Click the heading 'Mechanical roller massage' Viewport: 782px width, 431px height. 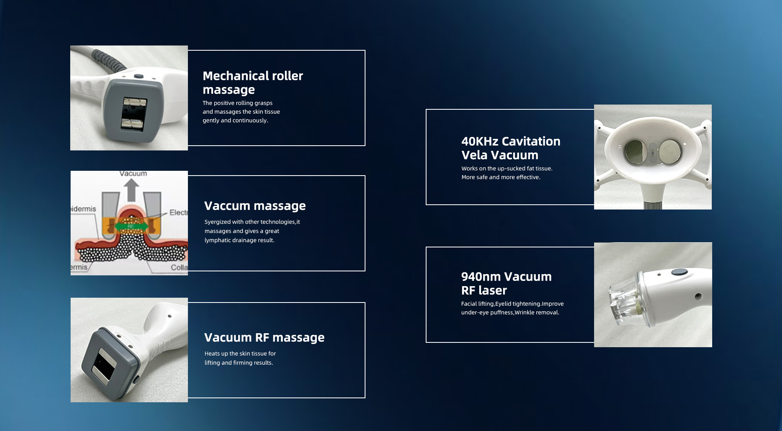click(253, 83)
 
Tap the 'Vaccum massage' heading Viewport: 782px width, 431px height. click(255, 206)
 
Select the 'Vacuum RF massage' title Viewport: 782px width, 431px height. click(264, 338)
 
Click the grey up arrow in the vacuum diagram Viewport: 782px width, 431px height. click(131, 190)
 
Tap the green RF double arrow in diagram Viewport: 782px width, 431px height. click(131, 227)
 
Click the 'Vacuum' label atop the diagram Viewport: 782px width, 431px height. click(133, 174)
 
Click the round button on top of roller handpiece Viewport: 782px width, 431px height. click(138, 76)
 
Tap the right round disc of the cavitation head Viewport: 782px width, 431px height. click(670, 152)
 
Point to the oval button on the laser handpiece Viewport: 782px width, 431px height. click(679, 272)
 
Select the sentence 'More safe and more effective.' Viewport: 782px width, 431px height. click(501, 177)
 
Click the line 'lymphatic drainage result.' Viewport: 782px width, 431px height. click(239, 240)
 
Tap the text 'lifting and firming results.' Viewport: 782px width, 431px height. click(239, 363)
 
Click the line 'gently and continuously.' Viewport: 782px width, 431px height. click(235, 121)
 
